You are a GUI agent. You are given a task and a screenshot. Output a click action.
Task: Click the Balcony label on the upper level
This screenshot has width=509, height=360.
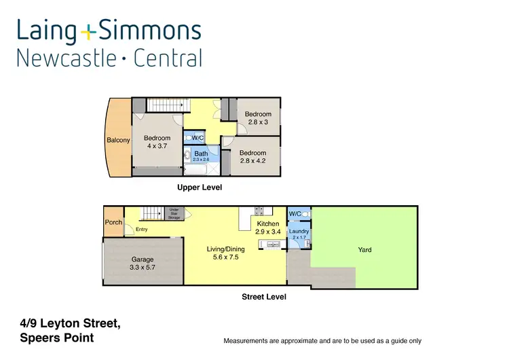click(118, 141)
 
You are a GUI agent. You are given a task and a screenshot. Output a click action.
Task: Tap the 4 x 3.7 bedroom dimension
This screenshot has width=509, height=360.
click(157, 146)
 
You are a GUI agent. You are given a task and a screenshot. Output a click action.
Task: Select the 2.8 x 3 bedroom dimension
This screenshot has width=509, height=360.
click(258, 122)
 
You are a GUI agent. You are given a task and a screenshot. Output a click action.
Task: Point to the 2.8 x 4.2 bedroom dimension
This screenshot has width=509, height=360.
click(252, 161)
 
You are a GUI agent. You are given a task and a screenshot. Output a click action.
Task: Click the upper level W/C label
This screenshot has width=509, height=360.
click(198, 138)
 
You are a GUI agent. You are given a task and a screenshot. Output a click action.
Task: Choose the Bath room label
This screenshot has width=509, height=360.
click(201, 154)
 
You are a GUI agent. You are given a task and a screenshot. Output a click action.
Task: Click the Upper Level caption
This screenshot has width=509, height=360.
click(200, 187)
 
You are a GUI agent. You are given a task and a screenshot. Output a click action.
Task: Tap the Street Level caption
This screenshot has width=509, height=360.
click(264, 297)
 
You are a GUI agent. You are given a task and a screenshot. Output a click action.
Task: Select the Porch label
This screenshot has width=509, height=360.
click(113, 223)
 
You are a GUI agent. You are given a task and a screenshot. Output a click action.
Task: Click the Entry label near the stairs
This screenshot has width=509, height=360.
click(141, 230)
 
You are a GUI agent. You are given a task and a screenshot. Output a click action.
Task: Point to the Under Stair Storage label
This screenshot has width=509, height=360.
click(174, 215)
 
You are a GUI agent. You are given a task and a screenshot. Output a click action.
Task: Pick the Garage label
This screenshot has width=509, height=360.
click(143, 259)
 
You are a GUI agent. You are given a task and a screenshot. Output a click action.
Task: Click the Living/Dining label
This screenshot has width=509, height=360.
click(226, 249)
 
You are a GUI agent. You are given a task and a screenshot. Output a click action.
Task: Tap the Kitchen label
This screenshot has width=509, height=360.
click(268, 223)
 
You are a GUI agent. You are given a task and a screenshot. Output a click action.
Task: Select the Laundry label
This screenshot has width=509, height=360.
click(299, 232)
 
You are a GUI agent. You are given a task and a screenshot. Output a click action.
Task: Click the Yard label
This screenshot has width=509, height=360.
click(365, 250)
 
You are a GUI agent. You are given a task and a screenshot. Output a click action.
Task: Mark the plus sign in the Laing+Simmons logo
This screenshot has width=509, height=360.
click(88, 31)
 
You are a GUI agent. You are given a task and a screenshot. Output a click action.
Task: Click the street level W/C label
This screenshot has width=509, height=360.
click(295, 215)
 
